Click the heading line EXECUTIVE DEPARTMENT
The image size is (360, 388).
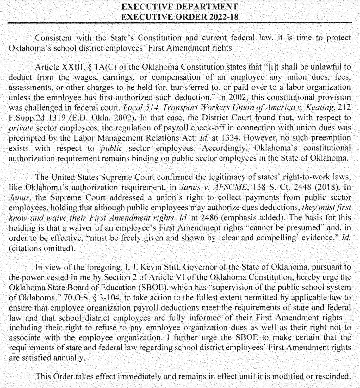click(179, 7)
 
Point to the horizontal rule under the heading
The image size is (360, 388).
click(180, 23)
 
